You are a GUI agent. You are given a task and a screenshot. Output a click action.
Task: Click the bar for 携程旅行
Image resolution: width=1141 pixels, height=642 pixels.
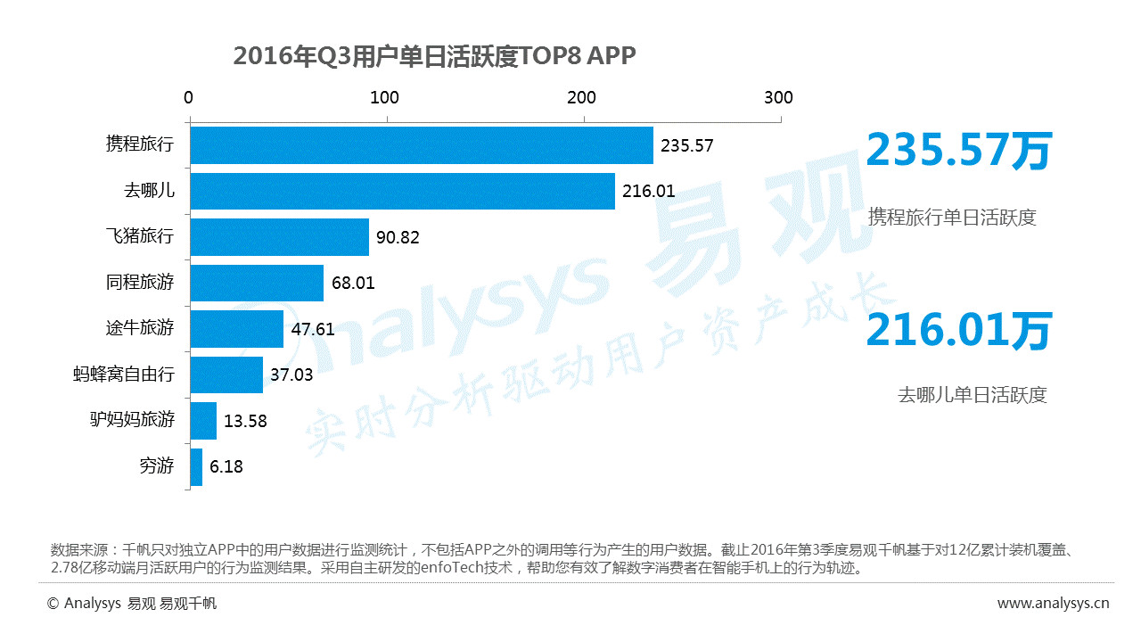coord(421,145)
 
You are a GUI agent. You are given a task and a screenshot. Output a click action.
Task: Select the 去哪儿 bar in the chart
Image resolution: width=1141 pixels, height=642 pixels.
coord(402,191)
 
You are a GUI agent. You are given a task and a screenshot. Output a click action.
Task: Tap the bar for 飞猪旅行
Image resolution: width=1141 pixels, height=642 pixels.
coord(279,237)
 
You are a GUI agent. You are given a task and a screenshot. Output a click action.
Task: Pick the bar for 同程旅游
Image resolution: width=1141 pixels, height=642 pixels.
coord(257,284)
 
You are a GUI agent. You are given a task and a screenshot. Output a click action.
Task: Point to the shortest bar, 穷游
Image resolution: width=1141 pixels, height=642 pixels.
coord(196,466)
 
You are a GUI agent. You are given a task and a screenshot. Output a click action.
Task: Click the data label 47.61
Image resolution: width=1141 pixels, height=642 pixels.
coord(313,329)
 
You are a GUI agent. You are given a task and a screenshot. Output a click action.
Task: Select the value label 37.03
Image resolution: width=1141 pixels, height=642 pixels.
coord(291,375)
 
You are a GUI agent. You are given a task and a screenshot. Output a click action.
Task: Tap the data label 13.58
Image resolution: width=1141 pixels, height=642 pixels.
coord(245,421)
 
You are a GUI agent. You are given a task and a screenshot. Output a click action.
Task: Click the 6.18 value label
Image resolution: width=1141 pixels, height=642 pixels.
coord(226,467)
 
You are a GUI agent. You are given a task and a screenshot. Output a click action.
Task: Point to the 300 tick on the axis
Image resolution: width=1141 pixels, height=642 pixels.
coord(778,97)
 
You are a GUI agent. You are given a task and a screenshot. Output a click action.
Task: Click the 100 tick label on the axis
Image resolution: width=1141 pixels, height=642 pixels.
coord(385,97)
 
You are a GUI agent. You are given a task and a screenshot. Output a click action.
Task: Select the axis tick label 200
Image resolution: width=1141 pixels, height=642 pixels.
coord(582,97)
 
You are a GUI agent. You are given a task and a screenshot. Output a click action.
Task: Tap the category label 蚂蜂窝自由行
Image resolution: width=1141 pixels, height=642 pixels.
coord(124,374)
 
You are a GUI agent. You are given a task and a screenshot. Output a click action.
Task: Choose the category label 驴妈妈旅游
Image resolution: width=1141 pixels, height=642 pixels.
coord(132,420)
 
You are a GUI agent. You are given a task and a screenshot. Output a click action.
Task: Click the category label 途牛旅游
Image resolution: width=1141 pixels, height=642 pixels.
coord(140,328)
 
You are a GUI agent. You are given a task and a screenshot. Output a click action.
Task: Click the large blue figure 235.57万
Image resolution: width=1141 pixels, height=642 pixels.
coord(959,152)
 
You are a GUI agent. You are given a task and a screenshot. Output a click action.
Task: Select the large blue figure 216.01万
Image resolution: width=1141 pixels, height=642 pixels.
coord(959,331)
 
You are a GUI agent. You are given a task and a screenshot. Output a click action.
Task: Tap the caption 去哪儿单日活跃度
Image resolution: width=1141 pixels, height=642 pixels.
coord(972,395)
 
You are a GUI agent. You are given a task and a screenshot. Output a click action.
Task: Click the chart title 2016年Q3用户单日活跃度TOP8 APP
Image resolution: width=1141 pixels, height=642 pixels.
coord(434,56)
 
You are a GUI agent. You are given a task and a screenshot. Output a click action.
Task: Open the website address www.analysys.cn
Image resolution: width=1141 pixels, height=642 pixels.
coord(1053,604)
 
